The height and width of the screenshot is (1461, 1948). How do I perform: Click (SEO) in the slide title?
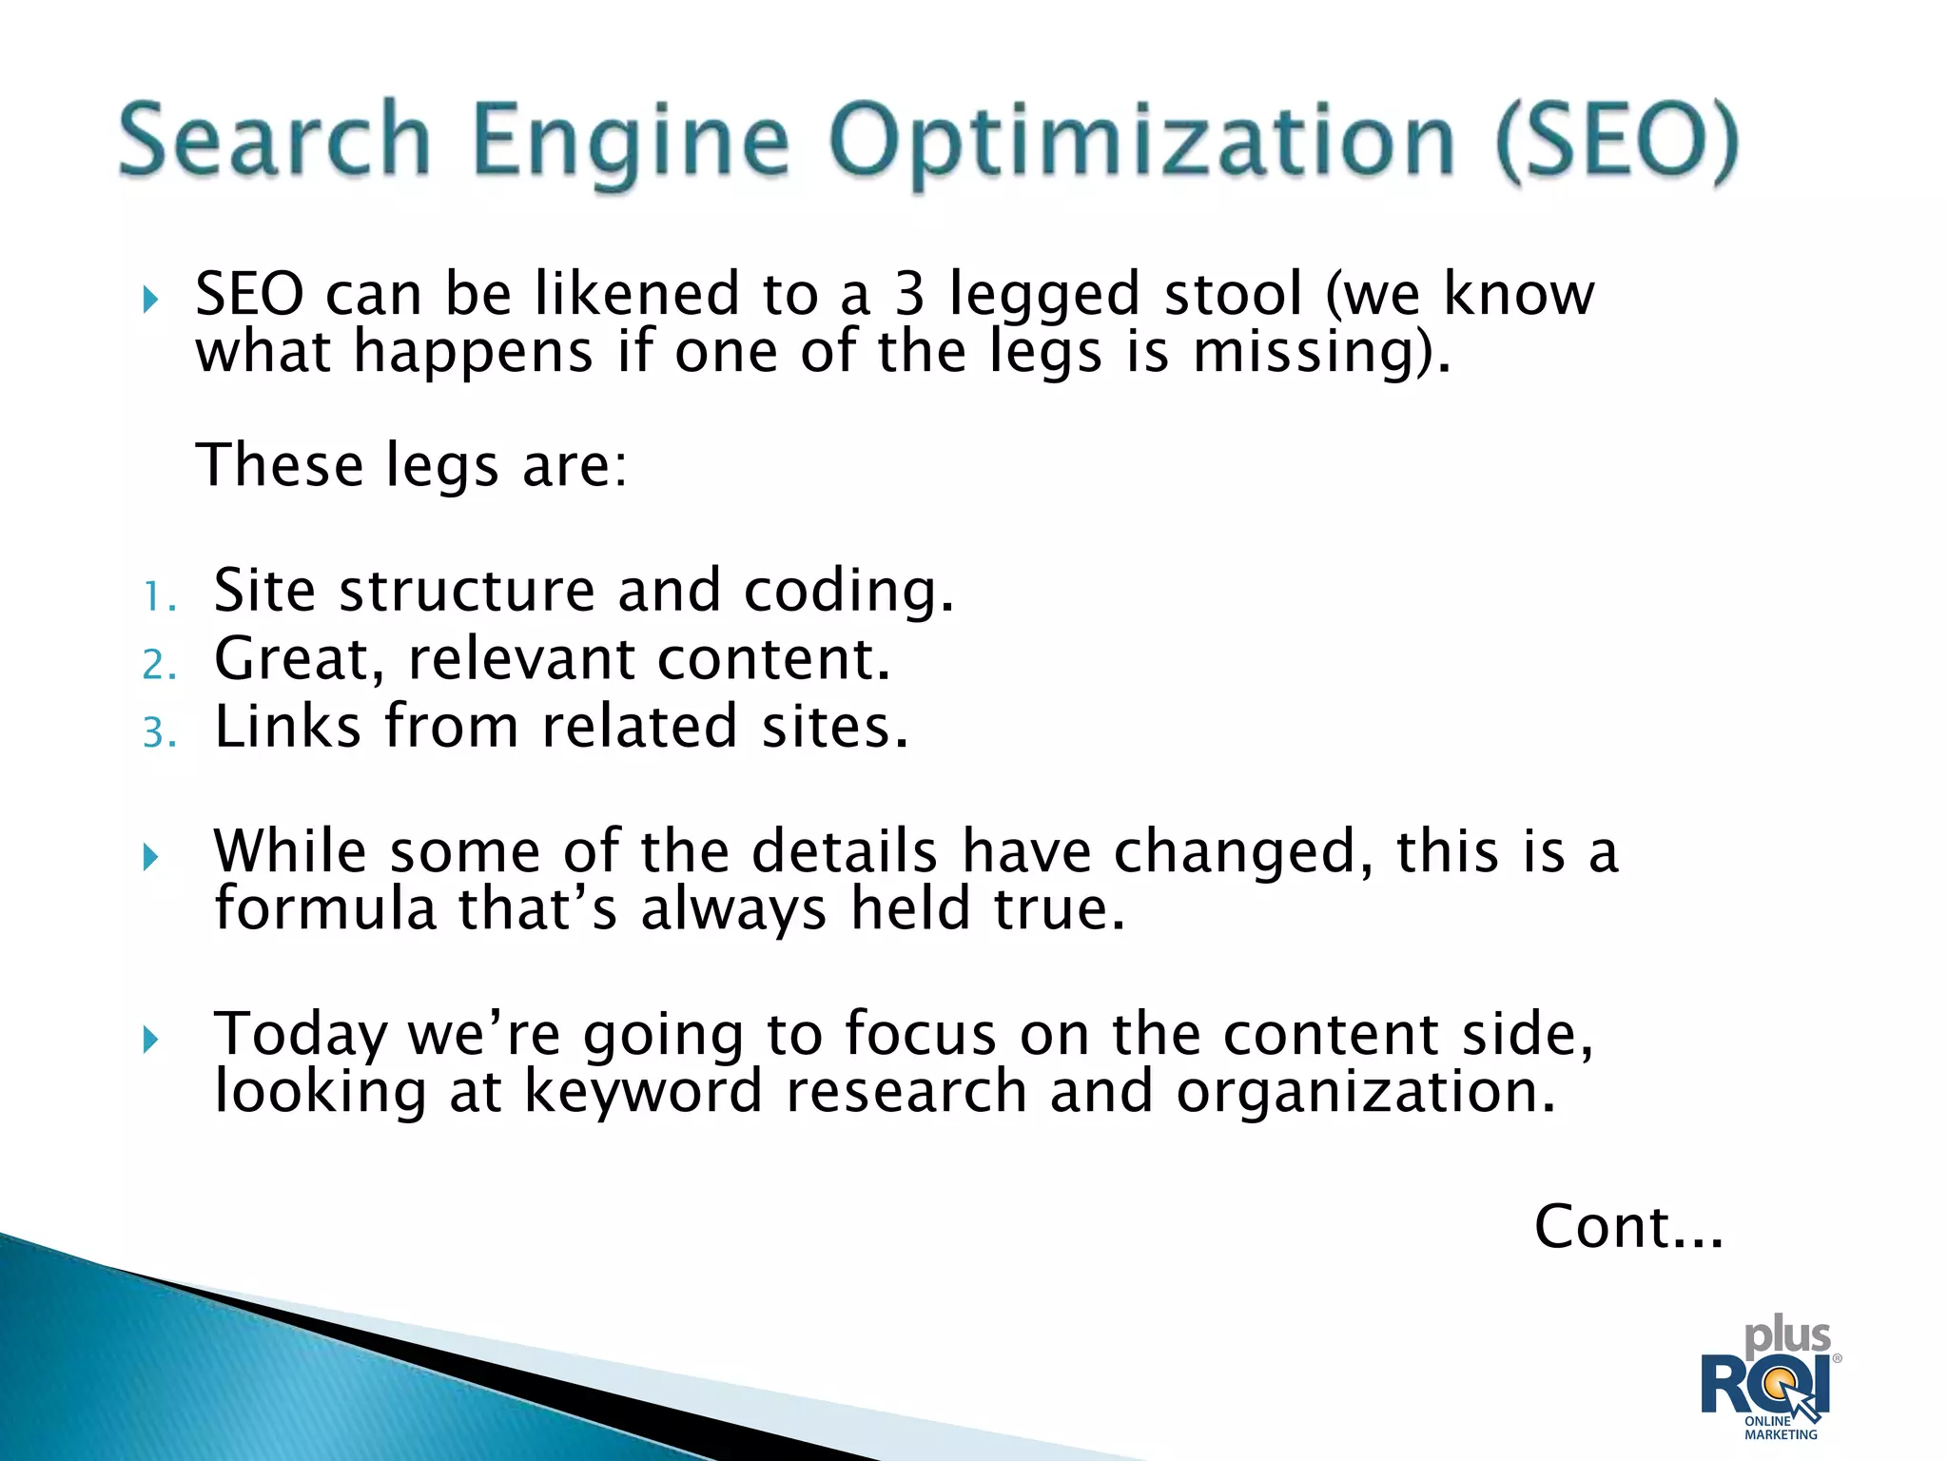point(1616,143)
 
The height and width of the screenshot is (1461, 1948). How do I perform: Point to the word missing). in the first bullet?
point(1322,352)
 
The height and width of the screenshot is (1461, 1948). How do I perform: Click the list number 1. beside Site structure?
point(160,597)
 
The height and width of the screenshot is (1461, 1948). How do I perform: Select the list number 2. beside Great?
point(160,665)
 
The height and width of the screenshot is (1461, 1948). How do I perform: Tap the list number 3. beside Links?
point(160,733)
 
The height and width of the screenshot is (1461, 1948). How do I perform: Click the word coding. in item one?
point(848,591)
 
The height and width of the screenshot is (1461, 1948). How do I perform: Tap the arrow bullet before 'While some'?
point(150,857)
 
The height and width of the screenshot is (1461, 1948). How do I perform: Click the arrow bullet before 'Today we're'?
point(150,1039)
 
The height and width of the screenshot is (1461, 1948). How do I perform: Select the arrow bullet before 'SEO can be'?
point(150,301)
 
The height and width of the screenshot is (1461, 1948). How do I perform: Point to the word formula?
point(324,908)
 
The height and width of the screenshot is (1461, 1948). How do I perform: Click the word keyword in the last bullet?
point(643,1091)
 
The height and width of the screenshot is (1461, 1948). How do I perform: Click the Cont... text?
point(1627,1226)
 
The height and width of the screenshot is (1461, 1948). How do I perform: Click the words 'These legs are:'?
point(412,466)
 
